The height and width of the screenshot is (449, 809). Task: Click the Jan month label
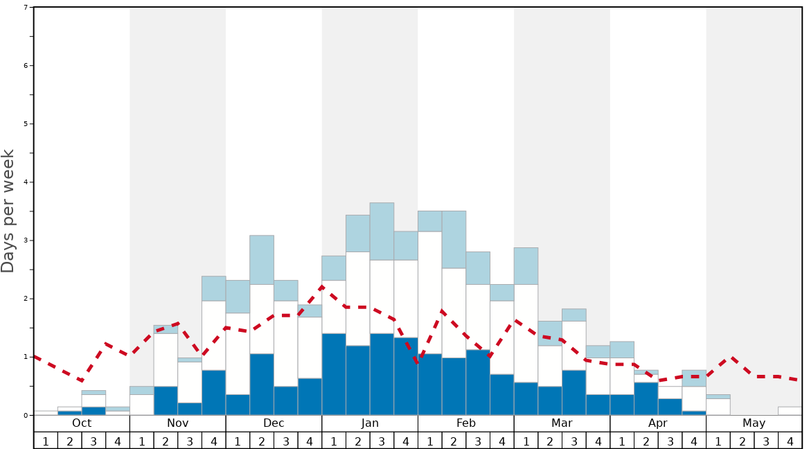[x=370, y=423]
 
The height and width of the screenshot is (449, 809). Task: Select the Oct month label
[x=82, y=423]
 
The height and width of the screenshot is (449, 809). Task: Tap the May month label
[x=754, y=423]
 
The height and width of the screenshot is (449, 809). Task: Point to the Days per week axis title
[x=8, y=211]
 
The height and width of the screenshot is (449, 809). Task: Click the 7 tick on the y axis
[x=26, y=8]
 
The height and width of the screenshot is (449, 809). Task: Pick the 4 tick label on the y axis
[x=26, y=182]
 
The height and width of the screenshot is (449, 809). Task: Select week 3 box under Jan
[x=382, y=441]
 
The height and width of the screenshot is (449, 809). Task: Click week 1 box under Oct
[x=46, y=441]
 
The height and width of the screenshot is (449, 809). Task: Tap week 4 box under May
[x=790, y=441]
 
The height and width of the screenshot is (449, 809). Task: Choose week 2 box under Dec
[x=262, y=441]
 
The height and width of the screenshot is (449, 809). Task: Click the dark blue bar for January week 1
[x=334, y=374]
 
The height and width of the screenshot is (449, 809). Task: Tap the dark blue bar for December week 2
[x=262, y=385]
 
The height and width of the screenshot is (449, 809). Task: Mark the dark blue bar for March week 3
[x=574, y=393]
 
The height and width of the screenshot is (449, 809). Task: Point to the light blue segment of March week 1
[x=526, y=266]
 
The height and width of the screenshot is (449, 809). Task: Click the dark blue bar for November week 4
[x=213, y=393]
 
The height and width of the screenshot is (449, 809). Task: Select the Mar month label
[x=562, y=423]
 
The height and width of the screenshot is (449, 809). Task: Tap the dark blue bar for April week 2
[x=646, y=398]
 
